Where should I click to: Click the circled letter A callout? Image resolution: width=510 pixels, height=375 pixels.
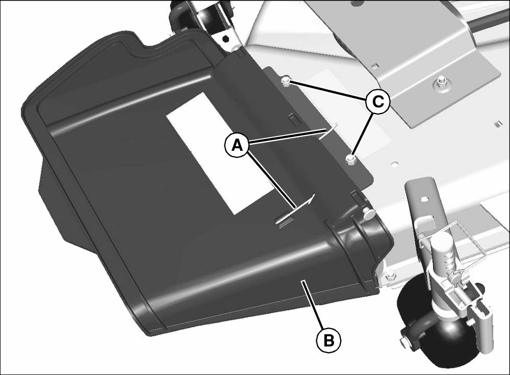coord(238,145)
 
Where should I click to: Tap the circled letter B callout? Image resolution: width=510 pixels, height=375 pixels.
coord(329,341)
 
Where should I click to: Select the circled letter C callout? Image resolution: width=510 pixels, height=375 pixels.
coord(377,102)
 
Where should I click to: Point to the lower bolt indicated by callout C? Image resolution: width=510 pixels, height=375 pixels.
coord(350,159)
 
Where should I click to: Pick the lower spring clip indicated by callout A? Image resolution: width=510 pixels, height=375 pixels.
coord(294,211)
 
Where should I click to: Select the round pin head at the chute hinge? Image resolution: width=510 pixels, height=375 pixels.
coord(369,213)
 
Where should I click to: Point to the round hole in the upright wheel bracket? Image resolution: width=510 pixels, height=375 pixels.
coord(424,198)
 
